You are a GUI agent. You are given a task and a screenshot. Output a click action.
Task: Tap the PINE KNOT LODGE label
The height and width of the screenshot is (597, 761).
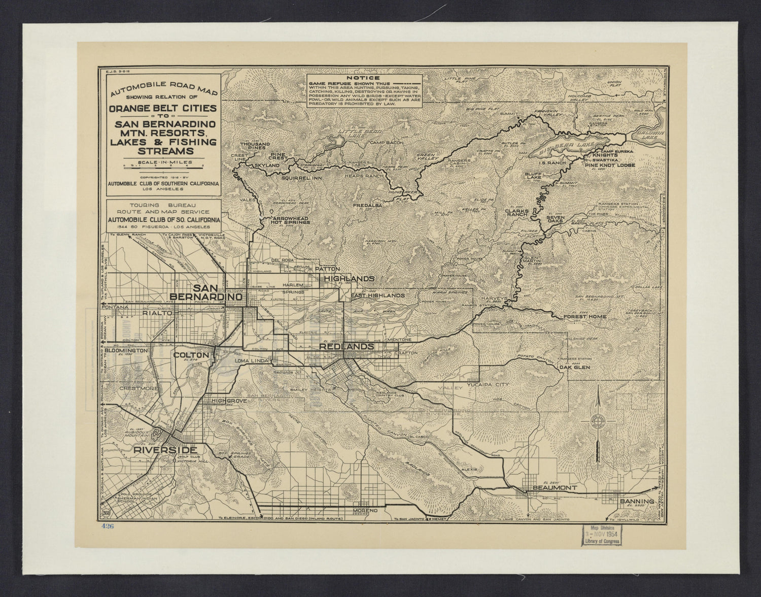pos(609,165)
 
